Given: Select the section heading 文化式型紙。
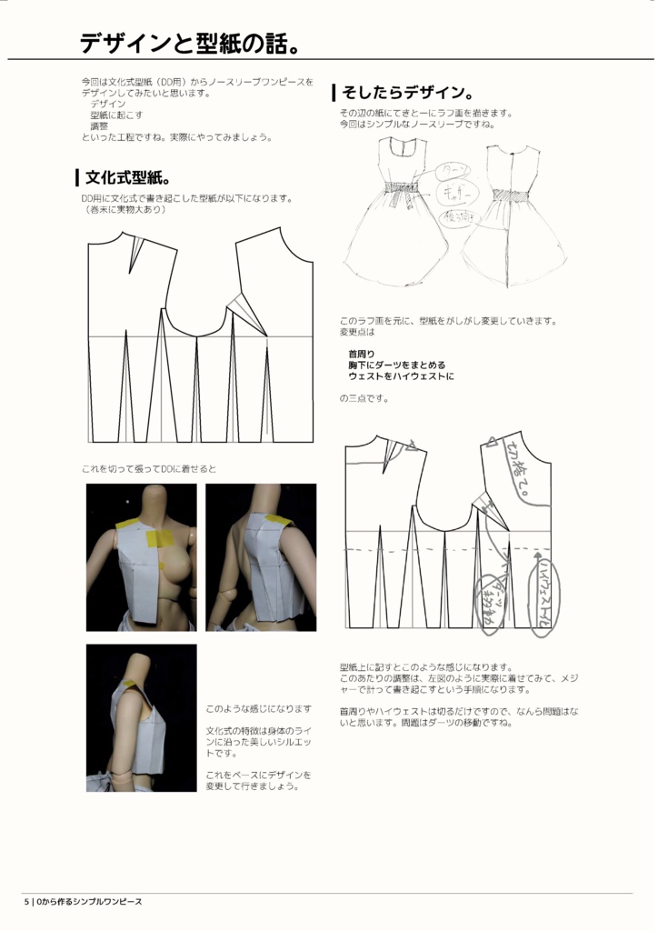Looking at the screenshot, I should click(x=128, y=176).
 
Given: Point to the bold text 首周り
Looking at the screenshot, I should click(x=361, y=354).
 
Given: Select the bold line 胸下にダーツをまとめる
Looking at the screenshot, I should click(x=396, y=365).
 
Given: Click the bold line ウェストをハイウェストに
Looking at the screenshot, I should click(x=401, y=375).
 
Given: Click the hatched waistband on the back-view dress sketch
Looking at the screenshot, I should click(x=512, y=195).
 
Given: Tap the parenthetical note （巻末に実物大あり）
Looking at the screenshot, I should click(x=124, y=209).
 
